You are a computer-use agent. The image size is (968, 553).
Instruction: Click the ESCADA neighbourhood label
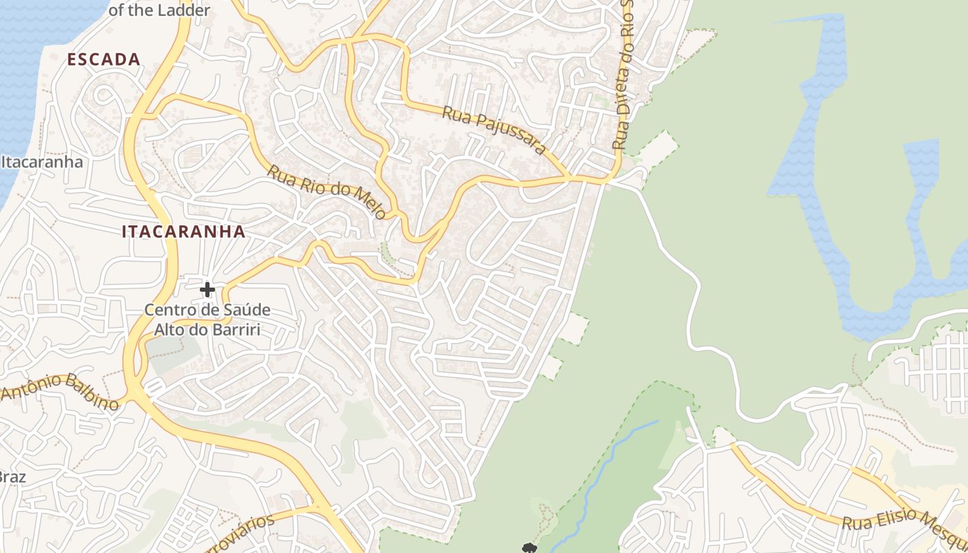click(104, 59)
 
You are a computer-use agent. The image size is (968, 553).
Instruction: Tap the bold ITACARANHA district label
click(183, 232)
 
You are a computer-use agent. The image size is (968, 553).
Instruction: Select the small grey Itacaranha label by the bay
click(42, 162)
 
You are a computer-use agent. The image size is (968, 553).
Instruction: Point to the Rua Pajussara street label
click(494, 130)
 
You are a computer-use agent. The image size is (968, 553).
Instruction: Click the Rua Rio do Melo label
click(326, 191)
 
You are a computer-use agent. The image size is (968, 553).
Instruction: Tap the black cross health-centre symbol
click(207, 290)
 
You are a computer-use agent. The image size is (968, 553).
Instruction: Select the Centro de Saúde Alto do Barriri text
click(207, 319)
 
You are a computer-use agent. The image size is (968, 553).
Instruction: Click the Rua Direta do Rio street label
click(623, 76)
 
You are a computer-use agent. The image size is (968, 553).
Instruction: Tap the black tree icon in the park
click(530, 548)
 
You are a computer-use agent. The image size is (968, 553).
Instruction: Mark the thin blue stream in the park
click(608, 470)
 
